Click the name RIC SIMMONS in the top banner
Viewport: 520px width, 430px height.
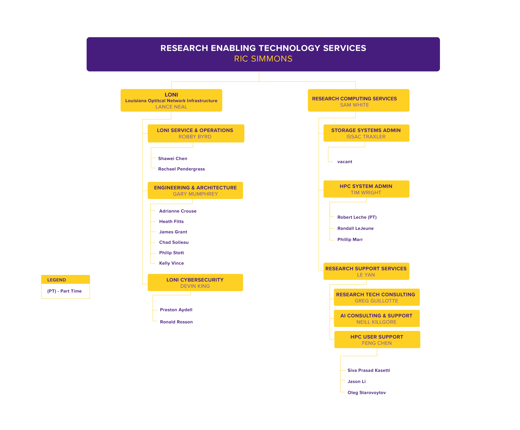(263, 59)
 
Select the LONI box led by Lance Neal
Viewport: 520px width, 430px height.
(171, 100)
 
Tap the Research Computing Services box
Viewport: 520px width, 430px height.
(358, 100)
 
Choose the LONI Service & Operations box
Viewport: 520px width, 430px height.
(196, 133)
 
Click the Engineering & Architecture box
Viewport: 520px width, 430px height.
(195, 190)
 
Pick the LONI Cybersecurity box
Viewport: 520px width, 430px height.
(195, 282)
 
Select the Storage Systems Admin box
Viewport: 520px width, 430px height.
(366, 133)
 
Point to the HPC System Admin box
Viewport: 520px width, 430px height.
(366, 189)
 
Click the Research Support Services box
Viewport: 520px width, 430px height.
(366, 271)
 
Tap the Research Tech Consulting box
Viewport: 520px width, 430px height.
(377, 297)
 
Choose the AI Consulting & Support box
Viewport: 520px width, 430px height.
(377, 318)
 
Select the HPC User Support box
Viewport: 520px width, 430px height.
(377, 339)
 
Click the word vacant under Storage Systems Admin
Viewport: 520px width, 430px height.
(345, 162)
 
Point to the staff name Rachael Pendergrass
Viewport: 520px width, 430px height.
(181, 169)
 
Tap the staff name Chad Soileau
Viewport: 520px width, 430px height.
(174, 242)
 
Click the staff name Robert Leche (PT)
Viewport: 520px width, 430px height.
(357, 217)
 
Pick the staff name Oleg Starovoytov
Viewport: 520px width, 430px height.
(367, 393)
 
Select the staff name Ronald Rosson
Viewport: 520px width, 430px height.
(176, 322)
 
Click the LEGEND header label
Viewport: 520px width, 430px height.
(57, 280)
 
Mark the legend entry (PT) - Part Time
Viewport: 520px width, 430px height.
(64, 291)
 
